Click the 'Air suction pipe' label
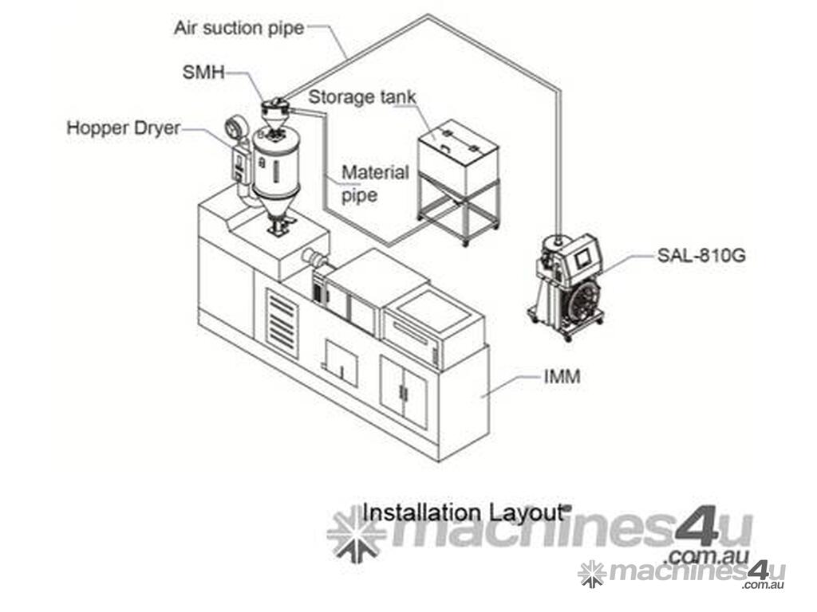[x=239, y=28]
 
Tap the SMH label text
[x=203, y=72]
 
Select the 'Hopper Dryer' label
[x=124, y=128]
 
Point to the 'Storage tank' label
[x=362, y=96]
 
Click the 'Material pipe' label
[x=374, y=184]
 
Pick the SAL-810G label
[x=701, y=255]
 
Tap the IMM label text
[x=562, y=376]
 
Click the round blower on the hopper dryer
[x=235, y=127]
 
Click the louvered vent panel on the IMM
[x=282, y=324]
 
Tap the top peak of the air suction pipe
[x=428, y=16]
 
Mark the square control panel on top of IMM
[x=433, y=312]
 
